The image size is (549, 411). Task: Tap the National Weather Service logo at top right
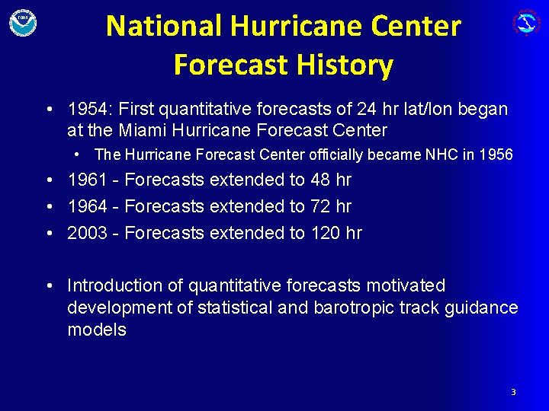pos(526,22)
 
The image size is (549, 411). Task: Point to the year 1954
pos(86,110)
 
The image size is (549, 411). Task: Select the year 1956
pos(496,155)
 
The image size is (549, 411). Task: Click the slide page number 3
pos(513,392)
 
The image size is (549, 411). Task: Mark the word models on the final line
pos(97,330)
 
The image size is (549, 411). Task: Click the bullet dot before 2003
pos(48,232)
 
